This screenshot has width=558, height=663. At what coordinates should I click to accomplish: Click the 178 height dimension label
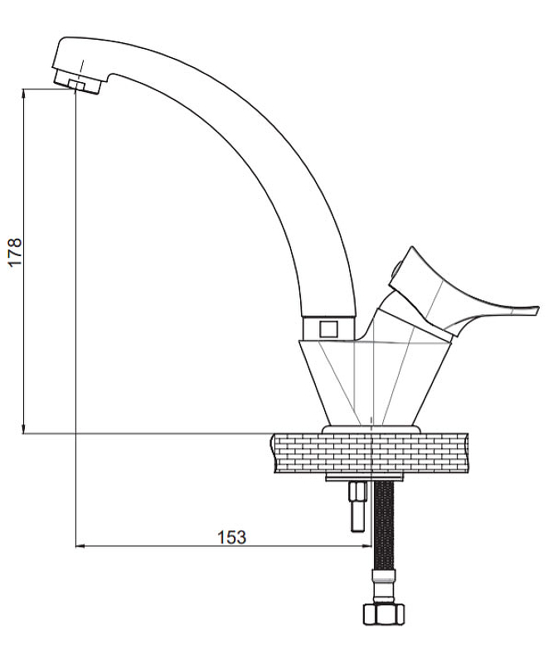point(15,252)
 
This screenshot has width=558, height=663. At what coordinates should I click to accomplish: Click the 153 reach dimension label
point(231,537)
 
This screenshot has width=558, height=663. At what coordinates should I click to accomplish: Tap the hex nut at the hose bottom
point(384,614)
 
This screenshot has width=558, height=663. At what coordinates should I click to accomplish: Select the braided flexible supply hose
point(384,525)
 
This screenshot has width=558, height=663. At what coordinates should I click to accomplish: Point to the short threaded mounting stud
point(357,506)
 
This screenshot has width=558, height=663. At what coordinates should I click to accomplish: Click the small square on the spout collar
point(328,328)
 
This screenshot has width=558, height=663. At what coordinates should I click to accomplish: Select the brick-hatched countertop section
point(370,453)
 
